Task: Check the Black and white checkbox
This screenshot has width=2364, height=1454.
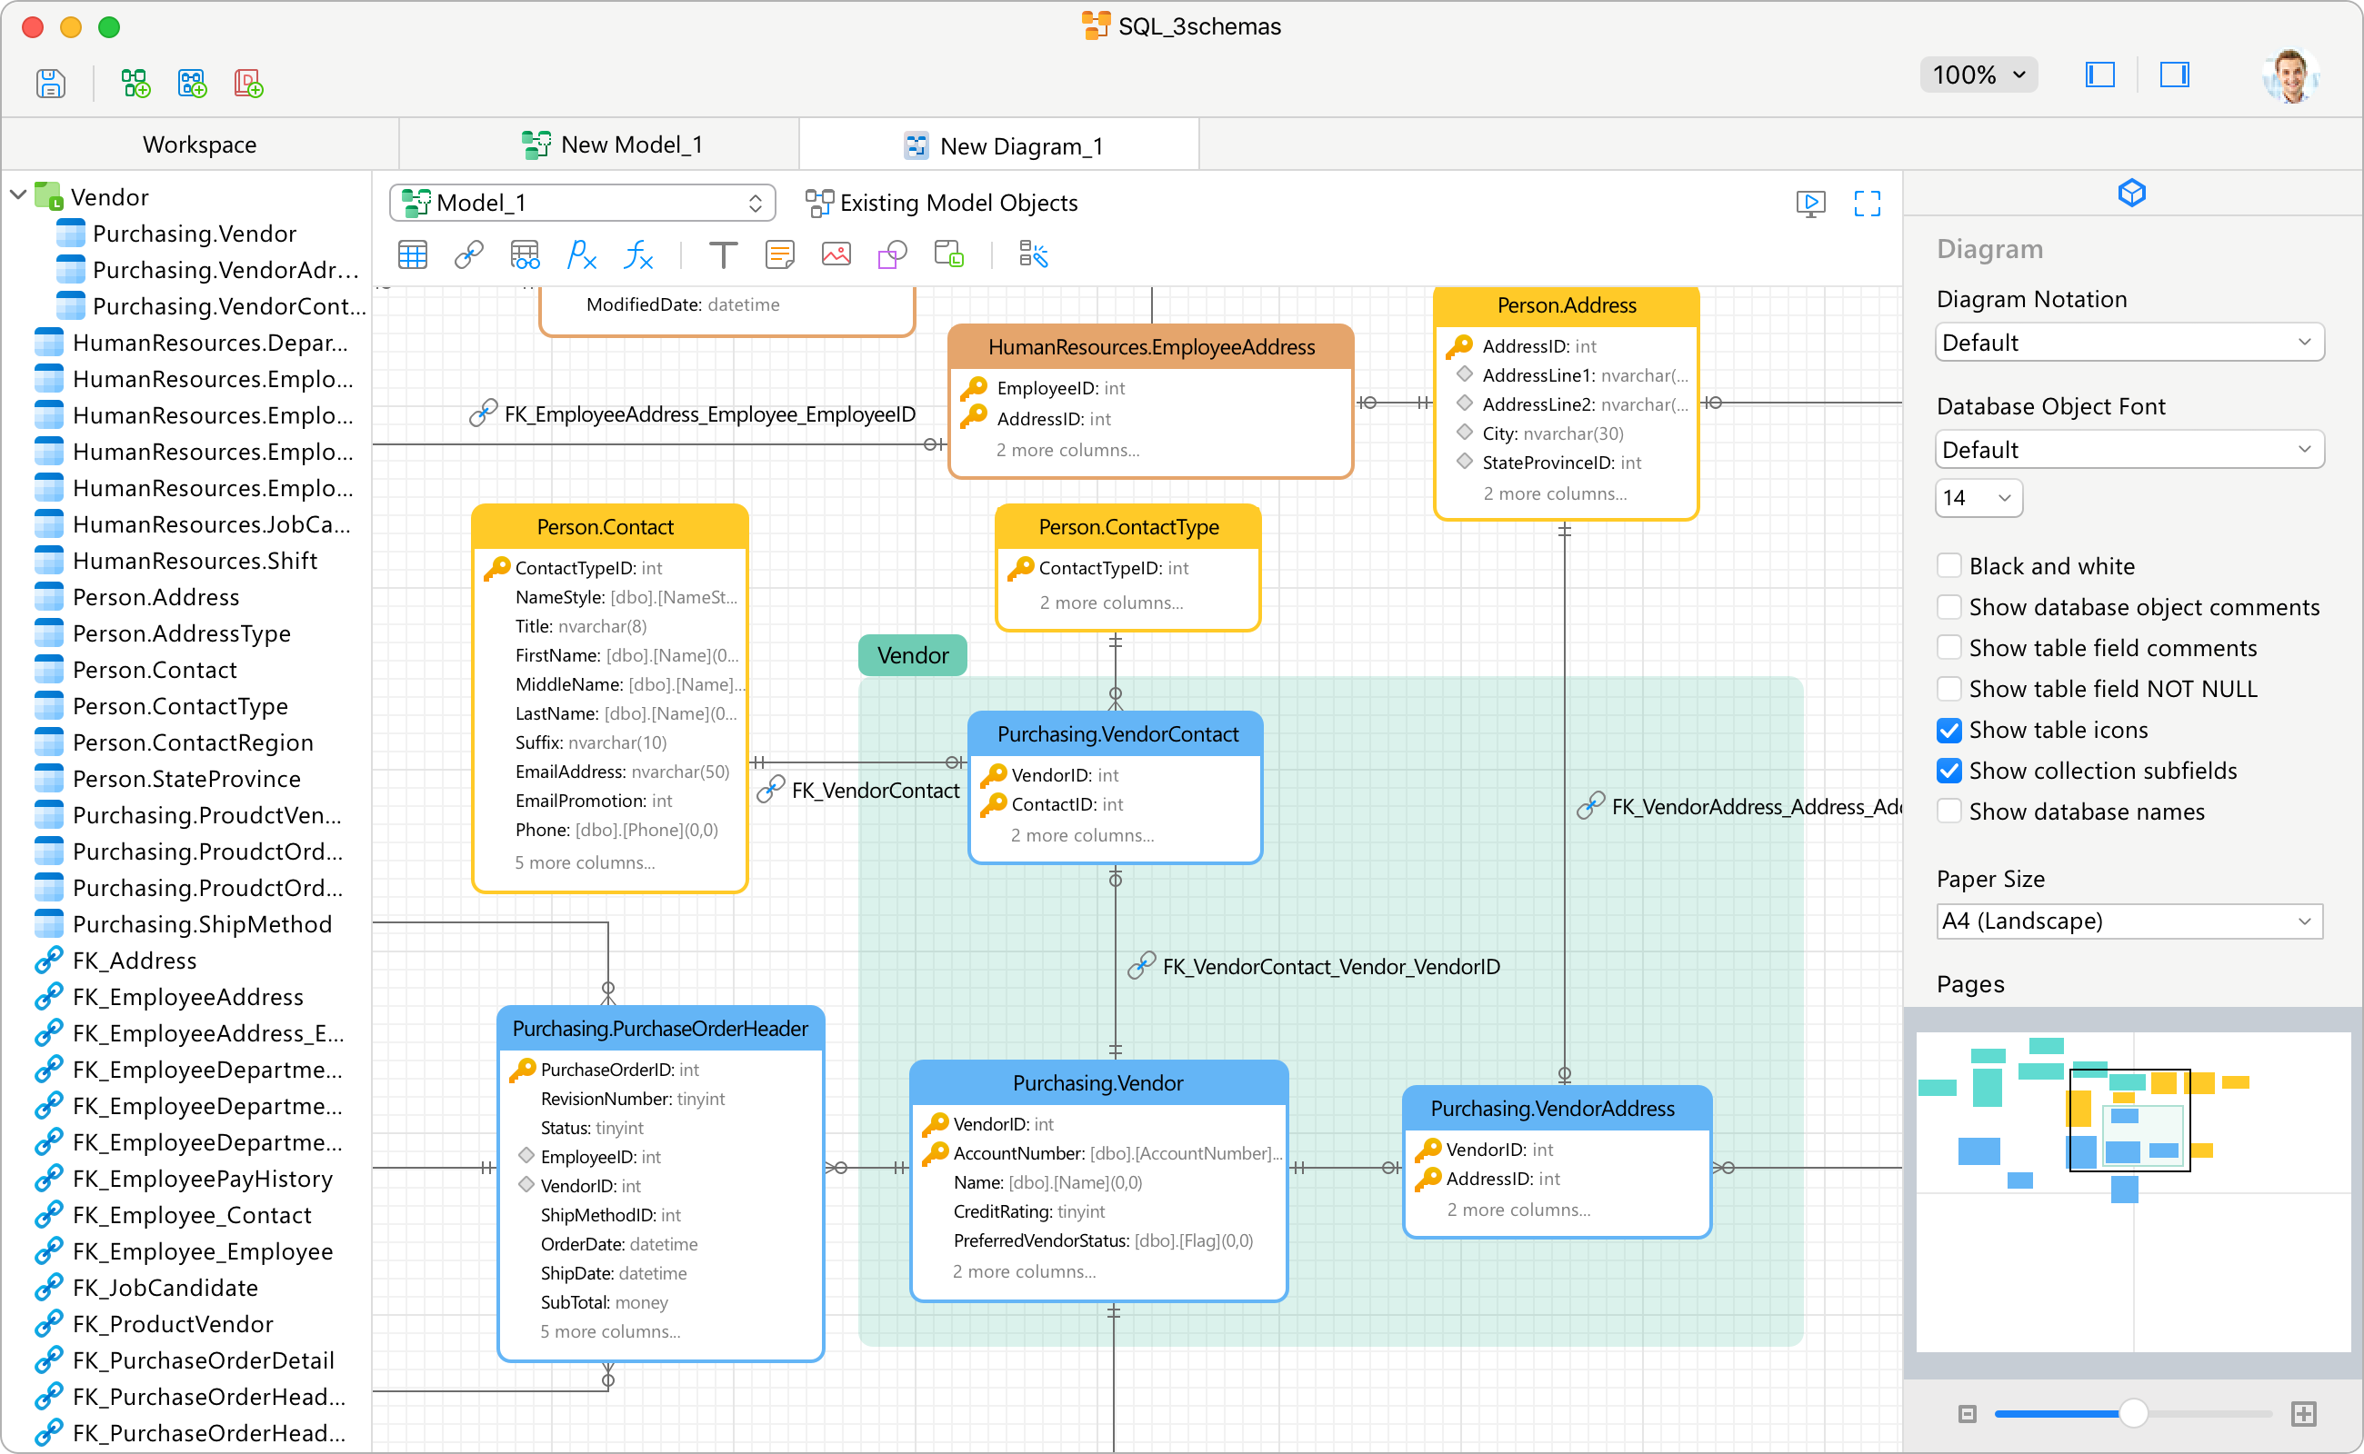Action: coord(1948,565)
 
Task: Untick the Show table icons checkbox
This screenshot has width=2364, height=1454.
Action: coord(1948,730)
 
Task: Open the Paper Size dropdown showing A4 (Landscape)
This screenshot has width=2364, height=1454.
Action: coord(2129,921)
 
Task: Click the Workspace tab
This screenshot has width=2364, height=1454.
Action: coord(199,144)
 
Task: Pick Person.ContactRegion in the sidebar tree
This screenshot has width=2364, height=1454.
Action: coord(193,742)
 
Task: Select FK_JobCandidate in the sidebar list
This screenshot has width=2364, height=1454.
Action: coord(165,1288)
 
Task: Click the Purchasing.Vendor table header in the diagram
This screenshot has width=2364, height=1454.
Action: coord(1097,1083)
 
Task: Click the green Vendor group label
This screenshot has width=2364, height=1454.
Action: coord(912,655)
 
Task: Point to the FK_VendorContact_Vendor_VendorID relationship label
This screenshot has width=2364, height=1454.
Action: coord(1330,966)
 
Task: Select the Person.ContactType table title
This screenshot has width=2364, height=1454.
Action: coord(1127,527)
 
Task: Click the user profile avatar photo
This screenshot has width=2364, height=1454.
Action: coord(2291,75)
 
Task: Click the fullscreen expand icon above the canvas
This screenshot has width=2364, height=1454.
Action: coord(1867,203)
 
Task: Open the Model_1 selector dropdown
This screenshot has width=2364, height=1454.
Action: coord(582,203)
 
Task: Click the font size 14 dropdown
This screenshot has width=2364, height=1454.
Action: coord(1978,497)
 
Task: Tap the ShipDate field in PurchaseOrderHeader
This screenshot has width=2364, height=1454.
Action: coord(613,1272)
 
